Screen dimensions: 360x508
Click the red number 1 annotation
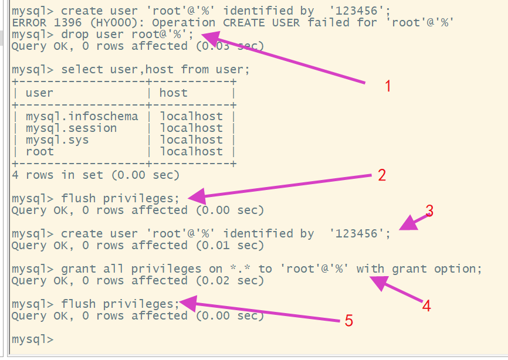click(x=388, y=86)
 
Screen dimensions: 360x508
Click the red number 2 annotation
click(x=382, y=175)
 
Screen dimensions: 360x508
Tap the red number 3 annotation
click(x=429, y=211)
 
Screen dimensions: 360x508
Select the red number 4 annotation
click(x=426, y=305)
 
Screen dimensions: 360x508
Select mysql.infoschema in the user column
click(x=82, y=116)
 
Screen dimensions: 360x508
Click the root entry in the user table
click(x=39, y=151)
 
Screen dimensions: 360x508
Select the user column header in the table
click(x=39, y=93)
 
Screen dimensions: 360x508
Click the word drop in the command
click(x=75, y=34)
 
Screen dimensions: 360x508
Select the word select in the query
click(x=82, y=69)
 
